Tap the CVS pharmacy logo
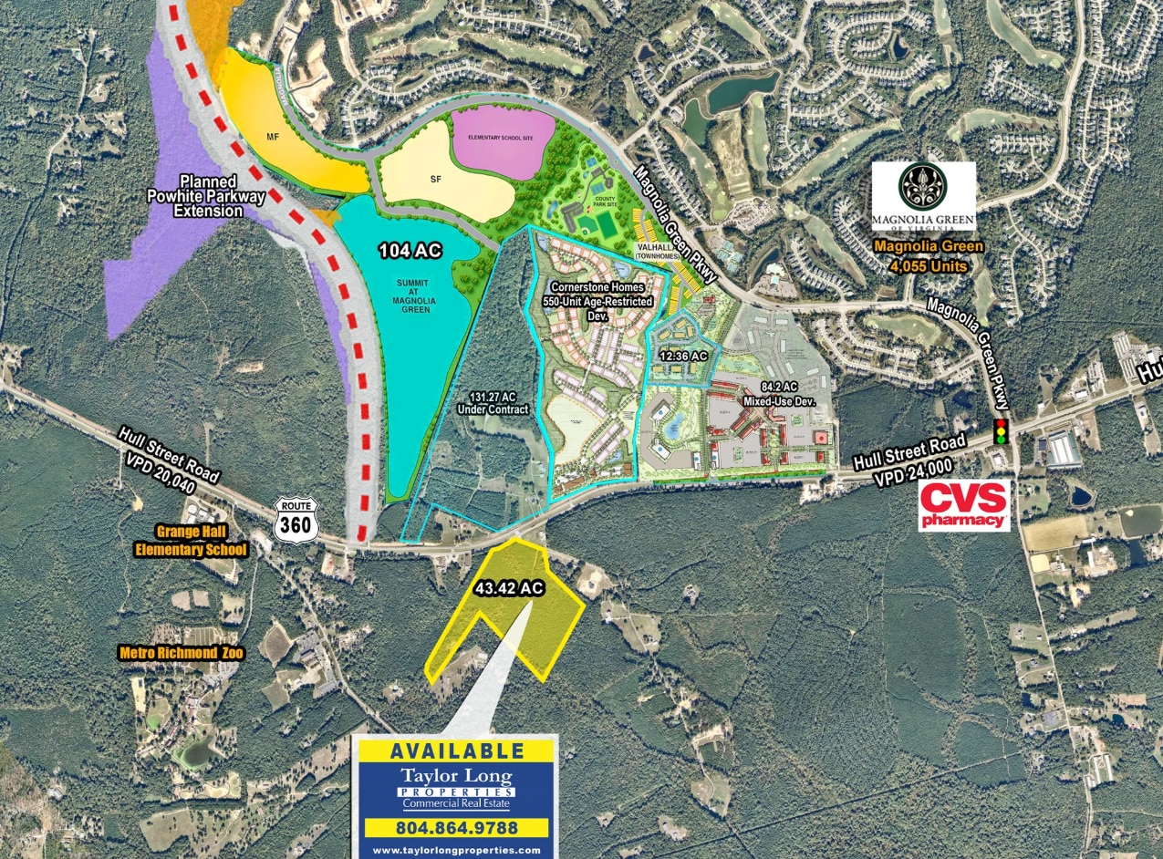tap(965, 505)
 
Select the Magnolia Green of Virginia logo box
tap(924, 195)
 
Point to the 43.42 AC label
tap(510, 589)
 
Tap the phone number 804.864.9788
tap(455, 828)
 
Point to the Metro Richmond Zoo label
tap(176, 653)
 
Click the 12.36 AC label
tap(685, 357)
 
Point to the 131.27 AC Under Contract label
tap(499, 404)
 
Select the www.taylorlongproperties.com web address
tap(455, 850)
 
